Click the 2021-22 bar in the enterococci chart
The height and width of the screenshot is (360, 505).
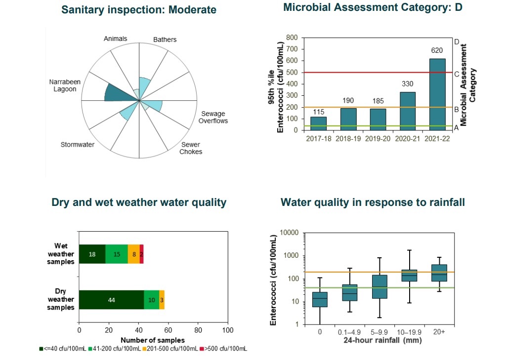click(x=437, y=94)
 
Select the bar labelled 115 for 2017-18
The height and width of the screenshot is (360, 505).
click(x=318, y=123)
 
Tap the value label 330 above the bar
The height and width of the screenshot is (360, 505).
click(x=408, y=84)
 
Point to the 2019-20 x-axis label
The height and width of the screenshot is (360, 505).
click(x=378, y=139)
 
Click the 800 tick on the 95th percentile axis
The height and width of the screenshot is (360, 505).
click(x=292, y=38)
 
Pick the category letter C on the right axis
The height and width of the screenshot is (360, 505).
click(x=457, y=74)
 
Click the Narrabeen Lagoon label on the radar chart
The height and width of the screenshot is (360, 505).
click(x=63, y=85)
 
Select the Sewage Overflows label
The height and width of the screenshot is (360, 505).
click(x=213, y=118)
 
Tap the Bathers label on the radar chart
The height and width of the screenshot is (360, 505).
click(x=165, y=40)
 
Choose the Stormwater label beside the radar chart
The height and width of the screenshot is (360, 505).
click(x=77, y=145)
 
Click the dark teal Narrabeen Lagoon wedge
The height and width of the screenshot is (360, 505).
click(x=117, y=93)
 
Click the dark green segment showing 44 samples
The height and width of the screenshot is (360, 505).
click(x=111, y=300)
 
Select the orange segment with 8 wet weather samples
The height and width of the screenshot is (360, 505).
click(x=133, y=254)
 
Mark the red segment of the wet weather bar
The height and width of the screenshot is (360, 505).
click(x=142, y=254)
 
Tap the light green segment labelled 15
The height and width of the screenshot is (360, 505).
click(x=117, y=254)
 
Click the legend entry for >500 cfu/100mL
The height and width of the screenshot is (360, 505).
click(x=223, y=349)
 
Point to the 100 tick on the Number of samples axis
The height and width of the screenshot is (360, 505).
click(x=228, y=330)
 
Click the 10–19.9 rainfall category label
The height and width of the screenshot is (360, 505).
click(x=409, y=332)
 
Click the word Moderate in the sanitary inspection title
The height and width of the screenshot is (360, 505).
click(x=192, y=10)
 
